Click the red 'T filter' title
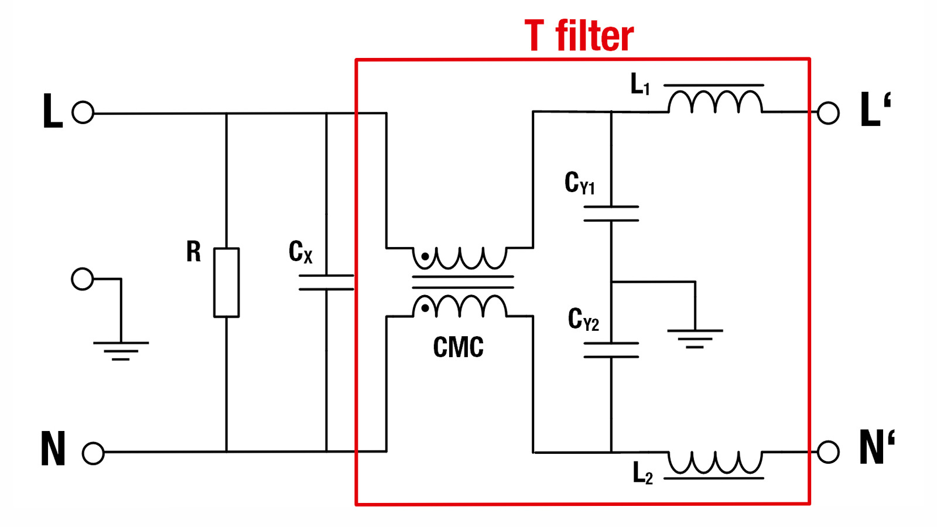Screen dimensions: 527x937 click(579, 36)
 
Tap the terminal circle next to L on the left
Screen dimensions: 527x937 click(83, 112)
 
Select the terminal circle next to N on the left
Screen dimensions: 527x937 click(93, 453)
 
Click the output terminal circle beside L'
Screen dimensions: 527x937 click(828, 112)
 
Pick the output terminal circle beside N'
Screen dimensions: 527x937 click(828, 451)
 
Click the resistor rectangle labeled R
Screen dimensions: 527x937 click(226, 282)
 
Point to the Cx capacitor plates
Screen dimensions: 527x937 click(326, 282)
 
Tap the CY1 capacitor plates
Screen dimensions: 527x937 click(611, 214)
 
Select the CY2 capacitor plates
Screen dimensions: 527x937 click(611, 350)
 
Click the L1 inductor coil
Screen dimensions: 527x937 click(715, 102)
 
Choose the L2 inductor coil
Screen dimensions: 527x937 click(715, 462)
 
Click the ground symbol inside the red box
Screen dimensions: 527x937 click(695, 338)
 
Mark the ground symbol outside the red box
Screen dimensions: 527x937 click(121, 350)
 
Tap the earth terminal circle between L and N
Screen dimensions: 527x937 click(82, 279)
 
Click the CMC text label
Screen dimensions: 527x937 click(458, 347)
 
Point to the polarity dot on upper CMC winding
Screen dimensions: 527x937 click(425, 256)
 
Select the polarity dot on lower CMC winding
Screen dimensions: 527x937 click(425, 308)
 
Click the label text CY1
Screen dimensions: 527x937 click(579, 183)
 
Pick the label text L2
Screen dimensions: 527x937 click(642, 473)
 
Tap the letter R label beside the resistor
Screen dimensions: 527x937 click(193, 252)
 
